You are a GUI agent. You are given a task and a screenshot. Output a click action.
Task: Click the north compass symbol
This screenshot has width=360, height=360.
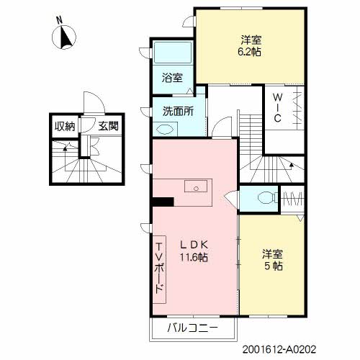(x=64, y=37)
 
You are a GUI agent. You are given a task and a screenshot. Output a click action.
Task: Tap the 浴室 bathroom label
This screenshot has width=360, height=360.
(x=172, y=78)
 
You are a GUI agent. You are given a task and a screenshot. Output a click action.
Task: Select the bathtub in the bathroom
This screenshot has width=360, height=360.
(x=173, y=53)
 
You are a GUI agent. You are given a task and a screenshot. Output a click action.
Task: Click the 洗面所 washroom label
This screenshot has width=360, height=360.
(x=178, y=111)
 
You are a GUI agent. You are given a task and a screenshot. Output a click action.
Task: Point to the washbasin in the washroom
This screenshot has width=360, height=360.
(x=164, y=130)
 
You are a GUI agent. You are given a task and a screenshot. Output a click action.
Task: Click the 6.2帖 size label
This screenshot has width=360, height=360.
(x=250, y=52)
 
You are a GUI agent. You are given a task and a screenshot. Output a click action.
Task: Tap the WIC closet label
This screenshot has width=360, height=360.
(x=277, y=107)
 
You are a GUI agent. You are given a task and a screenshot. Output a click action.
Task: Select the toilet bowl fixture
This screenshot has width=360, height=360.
(x=267, y=198)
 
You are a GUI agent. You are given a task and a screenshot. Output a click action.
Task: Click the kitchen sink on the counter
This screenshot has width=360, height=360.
(x=196, y=186)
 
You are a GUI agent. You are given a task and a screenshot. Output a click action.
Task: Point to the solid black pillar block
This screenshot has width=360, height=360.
(x=163, y=202)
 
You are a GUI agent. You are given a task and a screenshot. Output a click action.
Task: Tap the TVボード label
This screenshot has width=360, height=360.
(x=160, y=269)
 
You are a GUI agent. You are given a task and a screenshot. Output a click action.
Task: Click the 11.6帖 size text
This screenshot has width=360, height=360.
(x=194, y=258)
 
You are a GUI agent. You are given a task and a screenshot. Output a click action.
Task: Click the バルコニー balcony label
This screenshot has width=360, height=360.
(x=193, y=328)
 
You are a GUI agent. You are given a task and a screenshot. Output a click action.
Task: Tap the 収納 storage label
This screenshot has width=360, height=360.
(x=65, y=127)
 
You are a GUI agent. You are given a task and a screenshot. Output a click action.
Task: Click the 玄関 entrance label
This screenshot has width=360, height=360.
(x=108, y=126)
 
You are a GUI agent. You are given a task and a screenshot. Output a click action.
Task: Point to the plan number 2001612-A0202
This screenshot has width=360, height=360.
(x=279, y=349)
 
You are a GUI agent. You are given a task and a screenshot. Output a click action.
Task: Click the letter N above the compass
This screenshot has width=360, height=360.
(x=59, y=19)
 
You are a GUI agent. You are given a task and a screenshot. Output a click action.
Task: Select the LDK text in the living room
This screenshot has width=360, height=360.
(x=194, y=245)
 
